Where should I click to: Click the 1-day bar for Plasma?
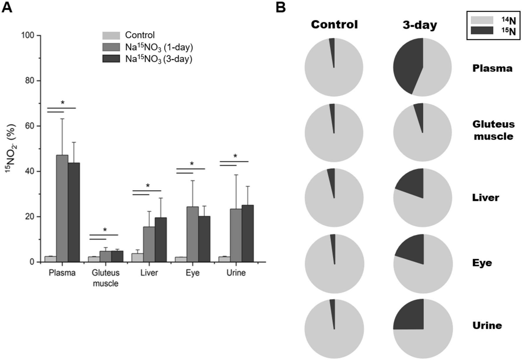(x=62, y=208)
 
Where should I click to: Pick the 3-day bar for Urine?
(x=248, y=233)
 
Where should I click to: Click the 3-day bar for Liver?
(x=161, y=240)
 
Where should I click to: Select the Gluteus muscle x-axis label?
(x=106, y=278)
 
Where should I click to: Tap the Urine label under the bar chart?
(x=236, y=273)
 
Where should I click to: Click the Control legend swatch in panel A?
(x=111, y=36)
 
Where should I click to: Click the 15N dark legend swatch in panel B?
(x=482, y=31)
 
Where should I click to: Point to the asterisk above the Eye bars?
(x=192, y=164)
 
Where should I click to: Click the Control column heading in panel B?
(x=334, y=24)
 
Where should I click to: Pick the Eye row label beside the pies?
(x=482, y=263)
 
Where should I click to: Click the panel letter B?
(x=281, y=7)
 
